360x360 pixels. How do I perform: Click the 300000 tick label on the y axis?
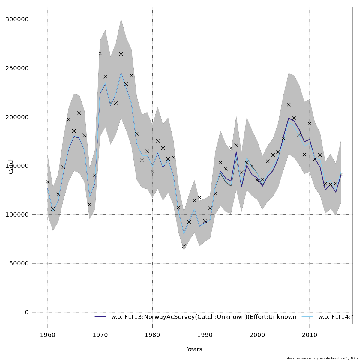pos(17,19)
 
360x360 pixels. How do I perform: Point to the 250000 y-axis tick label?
pos(17,68)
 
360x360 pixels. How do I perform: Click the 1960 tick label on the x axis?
pos(48,334)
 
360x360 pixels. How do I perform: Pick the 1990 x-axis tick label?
pos(205,334)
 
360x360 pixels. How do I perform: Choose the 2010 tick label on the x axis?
pos(310,334)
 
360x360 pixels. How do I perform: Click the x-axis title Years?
pos(194,349)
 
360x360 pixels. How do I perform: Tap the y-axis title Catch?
pos(11,165)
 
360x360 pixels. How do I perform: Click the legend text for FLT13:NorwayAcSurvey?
pos(204,317)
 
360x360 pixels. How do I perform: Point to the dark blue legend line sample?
pos(100,317)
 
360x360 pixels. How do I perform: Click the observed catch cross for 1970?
pos(100,53)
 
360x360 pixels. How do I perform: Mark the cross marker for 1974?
pos(121,54)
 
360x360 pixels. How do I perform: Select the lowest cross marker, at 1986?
pos(184,246)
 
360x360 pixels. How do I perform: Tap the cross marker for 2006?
pos(289,105)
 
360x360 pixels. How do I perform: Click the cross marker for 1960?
pos(48,182)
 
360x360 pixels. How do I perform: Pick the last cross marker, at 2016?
pos(341,174)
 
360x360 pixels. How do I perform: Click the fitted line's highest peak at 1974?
pos(121,73)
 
